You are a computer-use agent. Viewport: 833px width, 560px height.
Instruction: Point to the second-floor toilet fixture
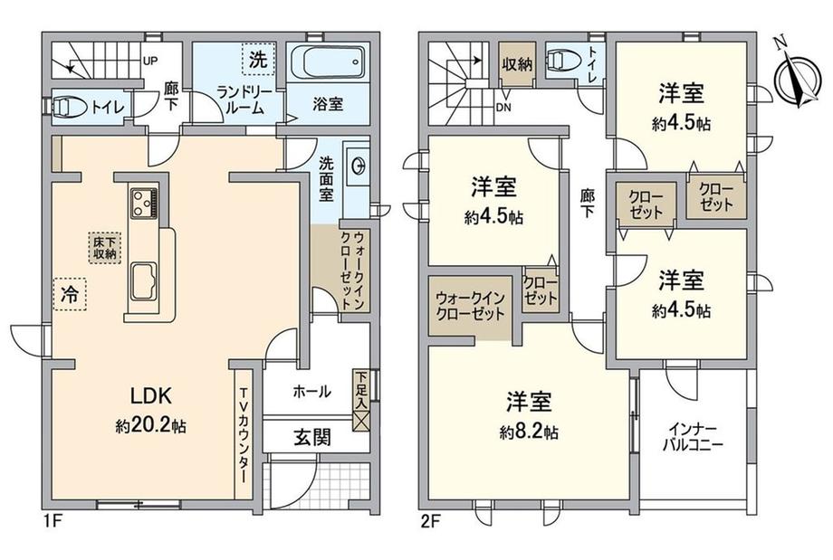tap(562, 60)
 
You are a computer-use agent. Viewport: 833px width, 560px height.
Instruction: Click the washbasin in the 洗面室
tap(357, 166)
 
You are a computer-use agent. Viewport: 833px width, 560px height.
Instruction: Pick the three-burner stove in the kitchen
tap(143, 203)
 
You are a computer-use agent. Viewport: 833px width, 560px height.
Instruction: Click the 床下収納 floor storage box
tap(104, 248)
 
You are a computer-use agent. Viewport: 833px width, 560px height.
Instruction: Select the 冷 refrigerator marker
tap(69, 295)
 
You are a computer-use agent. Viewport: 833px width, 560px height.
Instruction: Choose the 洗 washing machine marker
tap(258, 59)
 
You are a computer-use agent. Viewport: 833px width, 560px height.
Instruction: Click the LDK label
tap(151, 395)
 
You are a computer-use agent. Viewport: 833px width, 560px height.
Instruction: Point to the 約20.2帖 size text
tap(151, 425)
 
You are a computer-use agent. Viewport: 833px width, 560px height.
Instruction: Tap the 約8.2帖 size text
tap(529, 432)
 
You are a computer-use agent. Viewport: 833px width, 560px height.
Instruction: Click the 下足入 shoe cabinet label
tap(361, 390)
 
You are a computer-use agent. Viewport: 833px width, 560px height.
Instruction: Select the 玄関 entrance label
tap(313, 437)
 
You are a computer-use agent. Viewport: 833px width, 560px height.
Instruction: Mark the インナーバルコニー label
tap(693, 436)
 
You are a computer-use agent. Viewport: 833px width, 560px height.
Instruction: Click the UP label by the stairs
tap(149, 61)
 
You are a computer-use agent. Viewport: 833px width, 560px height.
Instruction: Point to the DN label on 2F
tap(503, 107)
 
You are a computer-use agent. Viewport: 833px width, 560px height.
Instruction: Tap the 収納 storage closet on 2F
tap(517, 65)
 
